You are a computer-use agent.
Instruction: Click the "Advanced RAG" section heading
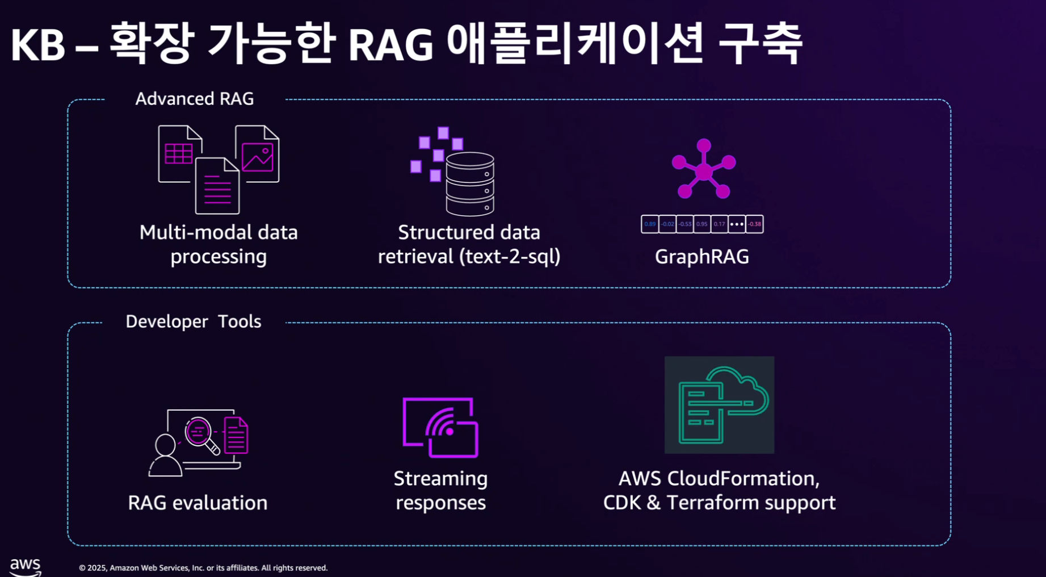pos(194,99)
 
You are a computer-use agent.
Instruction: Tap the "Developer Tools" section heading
pos(193,321)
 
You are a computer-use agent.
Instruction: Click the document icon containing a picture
pos(258,153)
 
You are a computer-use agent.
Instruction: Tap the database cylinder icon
pos(470,184)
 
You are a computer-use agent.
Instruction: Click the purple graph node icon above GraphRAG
pos(704,169)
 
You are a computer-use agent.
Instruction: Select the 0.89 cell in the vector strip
pos(650,224)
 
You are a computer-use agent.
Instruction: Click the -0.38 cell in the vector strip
pos(754,224)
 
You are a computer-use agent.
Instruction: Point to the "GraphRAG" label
pos(702,257)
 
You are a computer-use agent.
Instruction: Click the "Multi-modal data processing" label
pos(219,244)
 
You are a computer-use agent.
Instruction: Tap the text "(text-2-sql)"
pos(510,257)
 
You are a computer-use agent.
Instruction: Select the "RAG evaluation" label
pos(198,503)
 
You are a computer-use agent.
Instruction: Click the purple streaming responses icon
pos(440,428)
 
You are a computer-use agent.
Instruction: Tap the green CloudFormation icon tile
pos(719,405)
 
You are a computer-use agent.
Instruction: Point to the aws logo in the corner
pos(26,566)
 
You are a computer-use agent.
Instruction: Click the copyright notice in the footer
pos(203,568)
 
